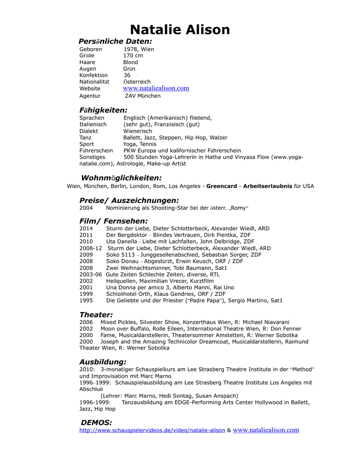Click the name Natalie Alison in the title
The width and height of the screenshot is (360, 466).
pyautogui.click(x=180, y=30)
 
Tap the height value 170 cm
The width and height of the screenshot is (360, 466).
pyautogui.click(x=133, y=56)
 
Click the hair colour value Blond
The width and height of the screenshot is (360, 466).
pyautogui.click(x=131, y=62)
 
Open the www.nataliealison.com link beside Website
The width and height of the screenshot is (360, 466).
pyautogui.click(x=156, y=88)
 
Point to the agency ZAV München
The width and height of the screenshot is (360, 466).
pyautogui.click(x=142, y=96)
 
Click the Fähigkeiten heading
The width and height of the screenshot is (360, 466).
pyautogui.click(x=103, y=110)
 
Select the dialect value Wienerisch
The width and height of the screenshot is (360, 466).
pyautogui.click(x=137, y=131)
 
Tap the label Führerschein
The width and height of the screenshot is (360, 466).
pyautogui.click(x=96, y=151)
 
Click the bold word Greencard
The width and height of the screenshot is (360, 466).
pyautogui.click(x=222, y=186)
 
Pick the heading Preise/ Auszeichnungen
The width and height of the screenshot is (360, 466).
pyautogui.click(x=129, y=200)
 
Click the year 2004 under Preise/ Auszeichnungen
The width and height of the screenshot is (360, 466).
pyautogui.click(x=86, y=208)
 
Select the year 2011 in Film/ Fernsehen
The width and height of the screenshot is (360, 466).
pyautogui.click(x=86, y=235)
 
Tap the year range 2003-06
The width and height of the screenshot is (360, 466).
pyautogui.click(x=91, y=274)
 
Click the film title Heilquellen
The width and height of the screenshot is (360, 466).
pyautogui.click(x=121, y=281)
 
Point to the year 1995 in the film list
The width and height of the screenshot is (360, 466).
pyautogui.click(x=86, y=301)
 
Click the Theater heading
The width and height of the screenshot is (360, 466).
pyautogui.click(x=96, y=314)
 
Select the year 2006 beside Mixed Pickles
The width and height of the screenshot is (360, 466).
pyautogui.click(x=86, y=322)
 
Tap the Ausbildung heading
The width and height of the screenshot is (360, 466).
pyautogui.click(x=103, y=362)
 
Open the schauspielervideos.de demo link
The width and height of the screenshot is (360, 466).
pyautogui.click(x=152, y=431)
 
